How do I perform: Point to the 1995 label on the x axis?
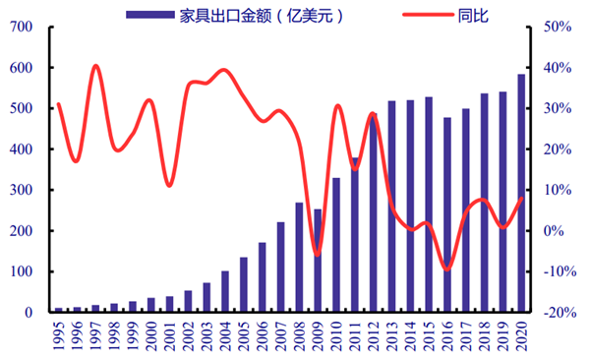coord(58,333)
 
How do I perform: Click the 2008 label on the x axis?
coord(299,333)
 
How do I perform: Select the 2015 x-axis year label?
coord(429,333)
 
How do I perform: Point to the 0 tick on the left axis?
coord(37,313)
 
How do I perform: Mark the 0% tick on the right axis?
coord(551,231)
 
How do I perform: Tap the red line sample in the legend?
coord(426,14)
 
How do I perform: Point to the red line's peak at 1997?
coord(95,66)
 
